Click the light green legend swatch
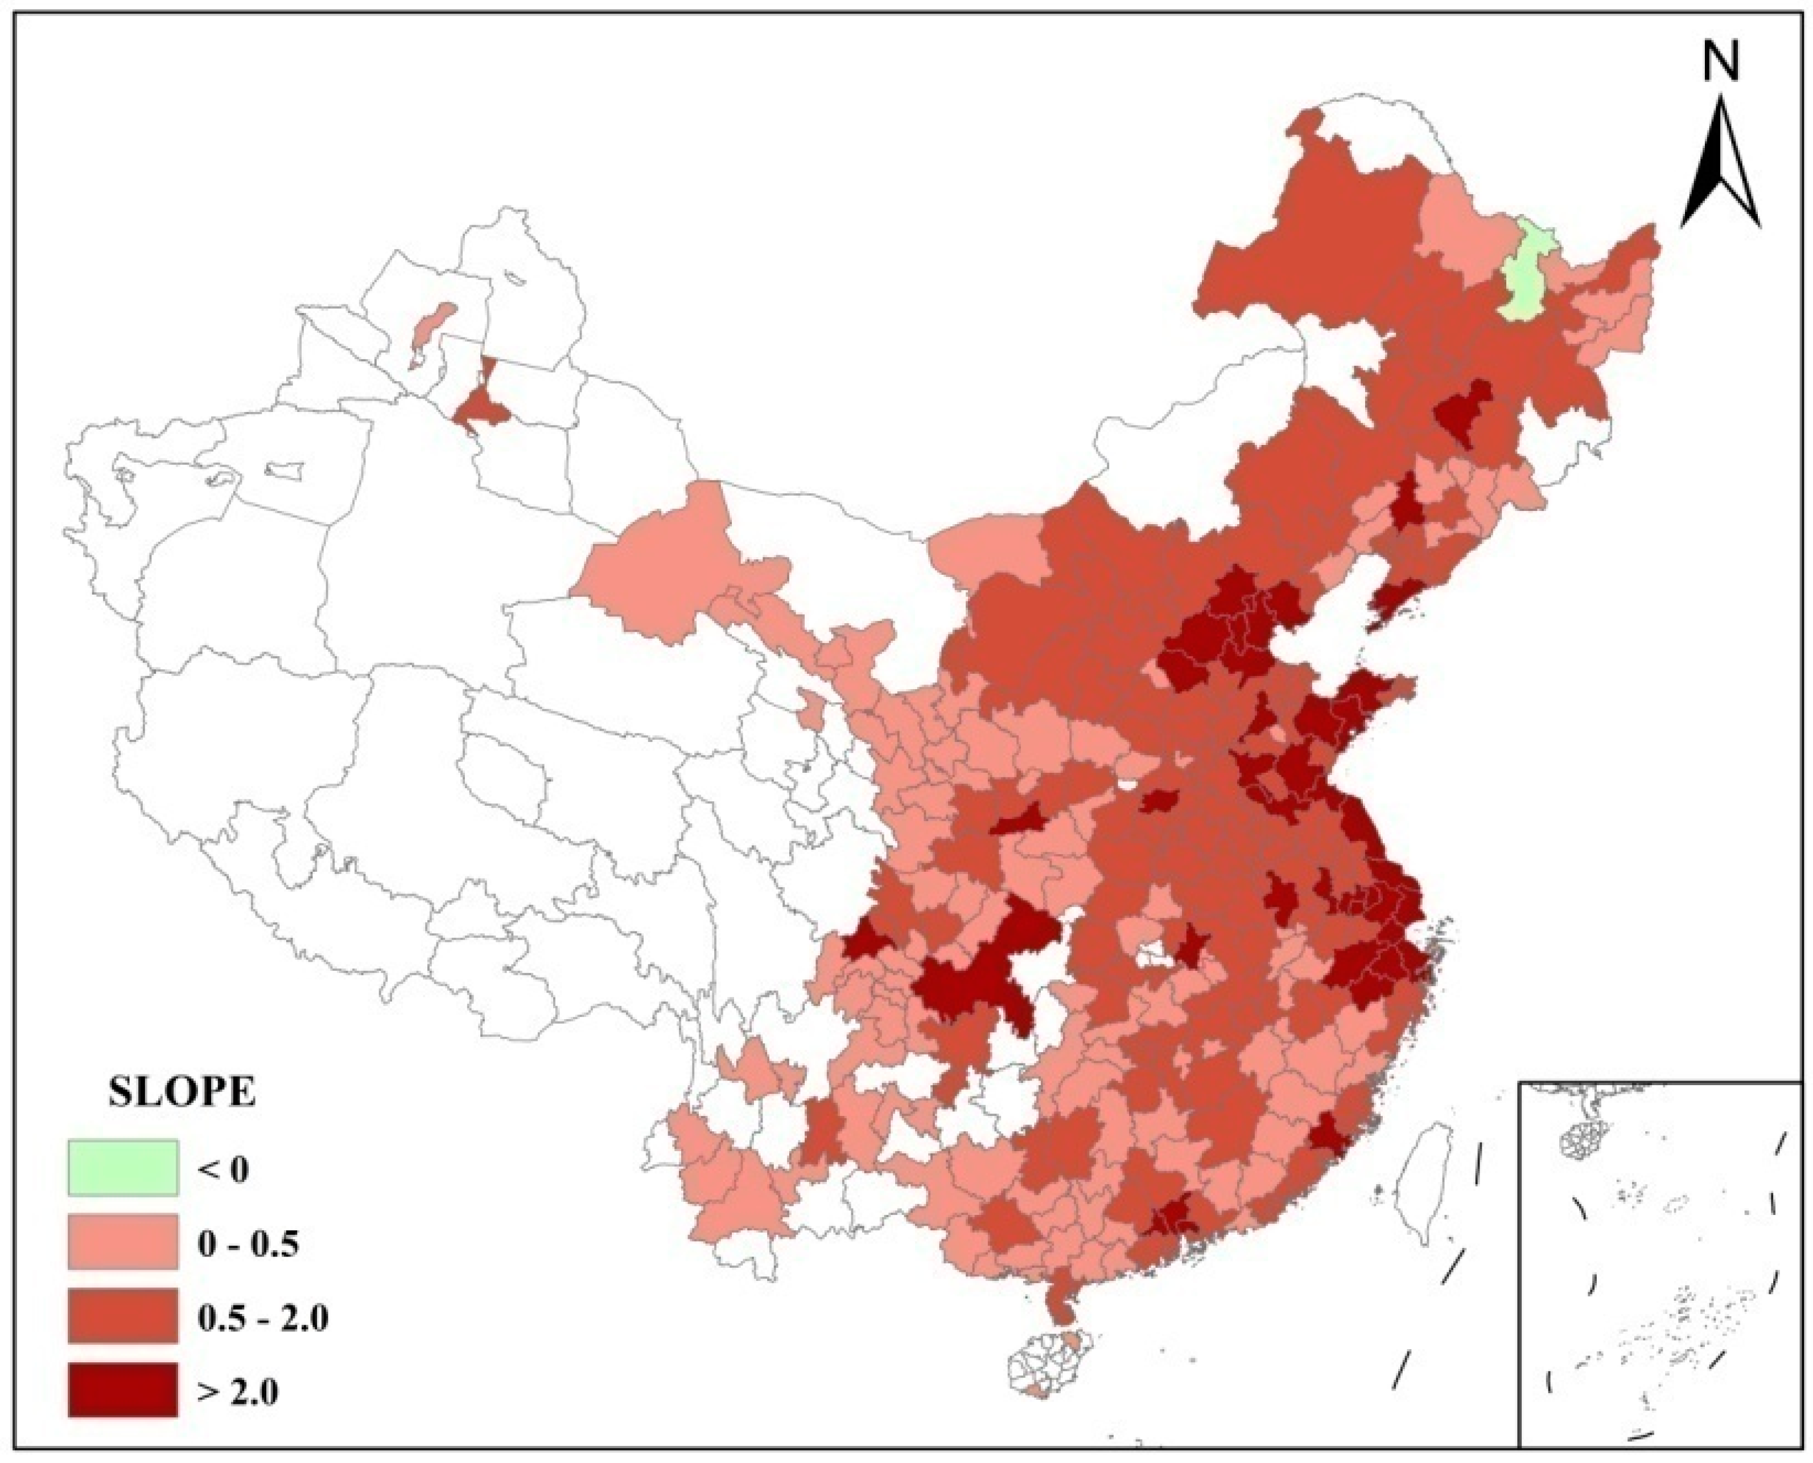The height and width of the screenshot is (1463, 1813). (x=122, y=1167)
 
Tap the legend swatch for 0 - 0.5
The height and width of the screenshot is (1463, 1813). (x=122, y=1241)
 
